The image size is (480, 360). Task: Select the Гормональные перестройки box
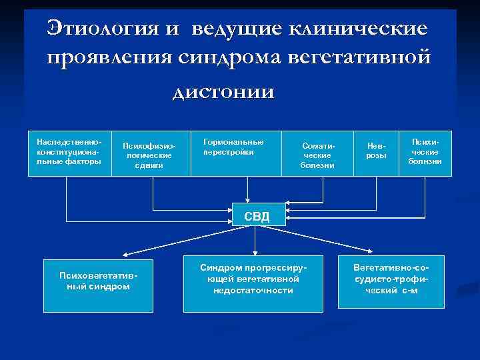click(x=233, y=152)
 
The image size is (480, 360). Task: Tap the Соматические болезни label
click(x=317, y=155)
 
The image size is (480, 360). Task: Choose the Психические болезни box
click(x=425, y=152)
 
